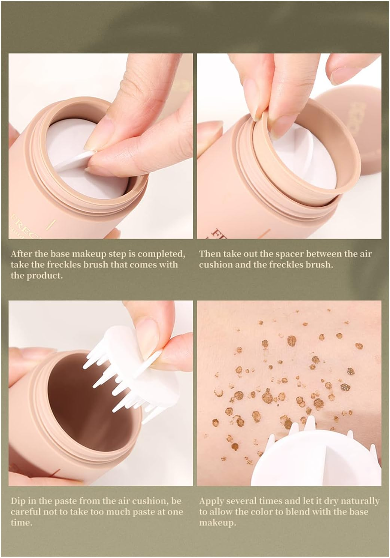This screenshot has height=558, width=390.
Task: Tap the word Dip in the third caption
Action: click(x=18, y=501)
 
